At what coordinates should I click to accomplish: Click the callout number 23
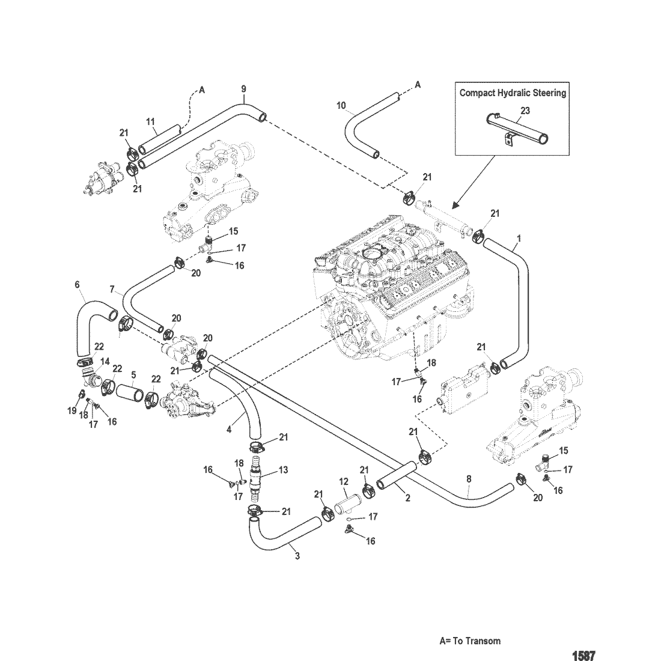525,111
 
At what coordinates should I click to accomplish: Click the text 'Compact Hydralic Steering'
513,93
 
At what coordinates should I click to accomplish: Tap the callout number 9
243,90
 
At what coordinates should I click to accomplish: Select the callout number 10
341,105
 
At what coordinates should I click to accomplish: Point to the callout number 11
150,122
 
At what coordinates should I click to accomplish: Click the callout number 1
519,239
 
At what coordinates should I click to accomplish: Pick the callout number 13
283,470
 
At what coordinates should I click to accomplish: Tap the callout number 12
344,481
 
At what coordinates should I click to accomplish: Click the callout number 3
297,556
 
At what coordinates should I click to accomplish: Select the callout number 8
469,479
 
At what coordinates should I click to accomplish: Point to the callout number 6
77,285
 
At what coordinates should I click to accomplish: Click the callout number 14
105,362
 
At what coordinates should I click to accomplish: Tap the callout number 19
72,410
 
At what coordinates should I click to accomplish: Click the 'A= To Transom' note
470,641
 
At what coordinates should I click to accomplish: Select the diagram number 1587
583,656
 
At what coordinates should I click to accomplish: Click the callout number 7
112,289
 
